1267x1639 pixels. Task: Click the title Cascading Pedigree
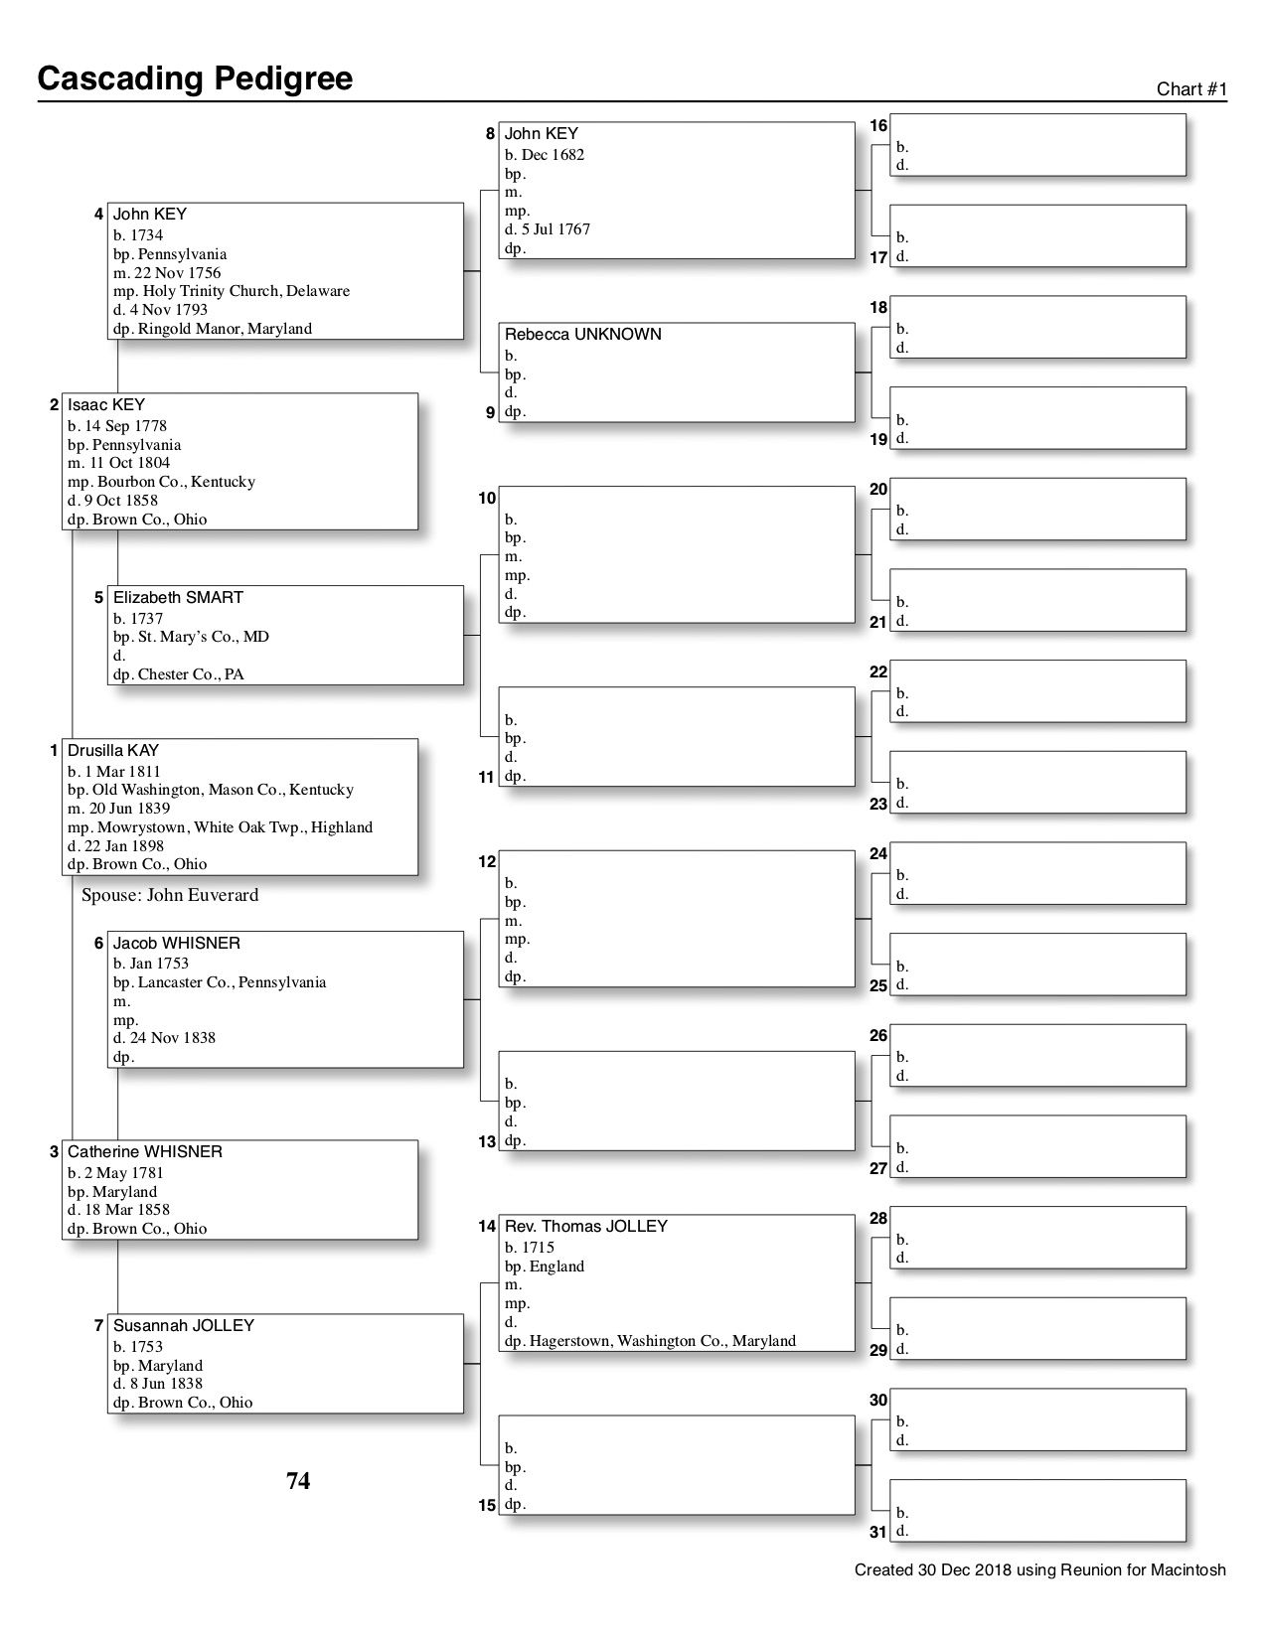click(195, 78)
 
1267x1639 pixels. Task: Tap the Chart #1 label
click(1191, 89)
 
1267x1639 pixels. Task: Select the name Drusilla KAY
click(113, 751)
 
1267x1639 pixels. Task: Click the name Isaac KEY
click(106, 404)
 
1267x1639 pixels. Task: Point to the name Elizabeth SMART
click(178, 597)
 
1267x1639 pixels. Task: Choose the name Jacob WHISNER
click(176, 943)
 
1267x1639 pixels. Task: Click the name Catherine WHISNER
click(145, 1152)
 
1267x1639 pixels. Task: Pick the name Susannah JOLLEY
click(184, 1326)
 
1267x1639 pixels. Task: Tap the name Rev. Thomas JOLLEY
click(585, 1227)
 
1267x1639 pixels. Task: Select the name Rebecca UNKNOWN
click(582, 335)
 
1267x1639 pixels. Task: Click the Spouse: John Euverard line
click(170, 895)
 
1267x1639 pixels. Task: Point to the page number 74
click(298, 1481)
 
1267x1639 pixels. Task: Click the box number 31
click(877, 1532)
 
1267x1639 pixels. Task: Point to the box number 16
click(878, 126)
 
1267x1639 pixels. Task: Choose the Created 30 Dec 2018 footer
click(1039, 1570)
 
